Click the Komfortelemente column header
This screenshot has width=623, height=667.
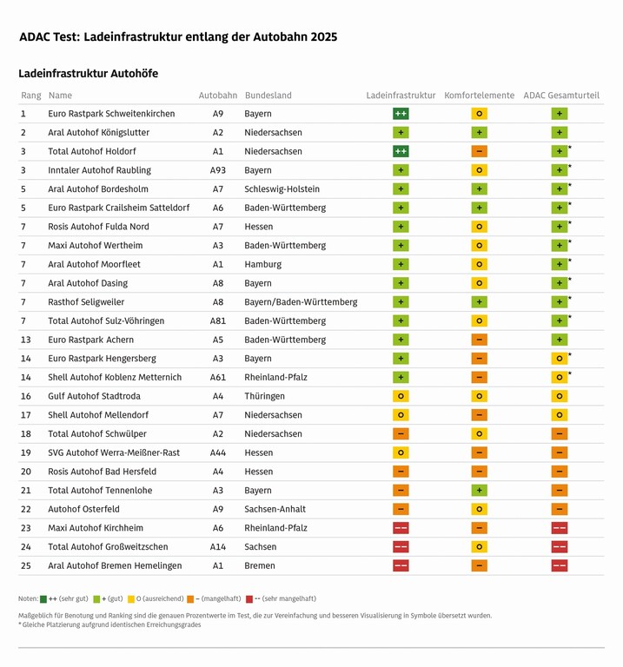point(479,96)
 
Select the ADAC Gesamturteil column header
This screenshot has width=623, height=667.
point(560,96)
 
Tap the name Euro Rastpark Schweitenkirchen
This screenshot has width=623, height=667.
point(111,114)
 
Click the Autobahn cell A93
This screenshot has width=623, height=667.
point(217,170)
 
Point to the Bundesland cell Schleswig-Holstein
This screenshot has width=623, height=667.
point(282,189)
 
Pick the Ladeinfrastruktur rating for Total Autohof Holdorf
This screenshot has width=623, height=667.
point(401,151)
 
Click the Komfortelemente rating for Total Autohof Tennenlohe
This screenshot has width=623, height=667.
point(479,491)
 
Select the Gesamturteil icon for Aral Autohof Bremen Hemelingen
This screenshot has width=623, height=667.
point(560,565)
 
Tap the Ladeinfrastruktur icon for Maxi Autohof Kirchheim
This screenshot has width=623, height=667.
point(401,528)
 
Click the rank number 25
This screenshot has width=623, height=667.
point(25,565)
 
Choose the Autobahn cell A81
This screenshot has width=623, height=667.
point(217,321)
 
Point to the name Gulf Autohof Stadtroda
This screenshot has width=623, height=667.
point(93,396)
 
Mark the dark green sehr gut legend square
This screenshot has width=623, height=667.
point(43,598)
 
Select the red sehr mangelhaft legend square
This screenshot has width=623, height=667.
point(249,598)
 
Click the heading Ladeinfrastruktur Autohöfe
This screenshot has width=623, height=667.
point(88,74)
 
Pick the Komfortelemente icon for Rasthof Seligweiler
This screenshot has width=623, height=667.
point(479,302)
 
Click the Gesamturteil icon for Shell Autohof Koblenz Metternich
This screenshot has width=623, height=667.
point(560,378)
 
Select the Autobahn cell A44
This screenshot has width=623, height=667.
point(217,452)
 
